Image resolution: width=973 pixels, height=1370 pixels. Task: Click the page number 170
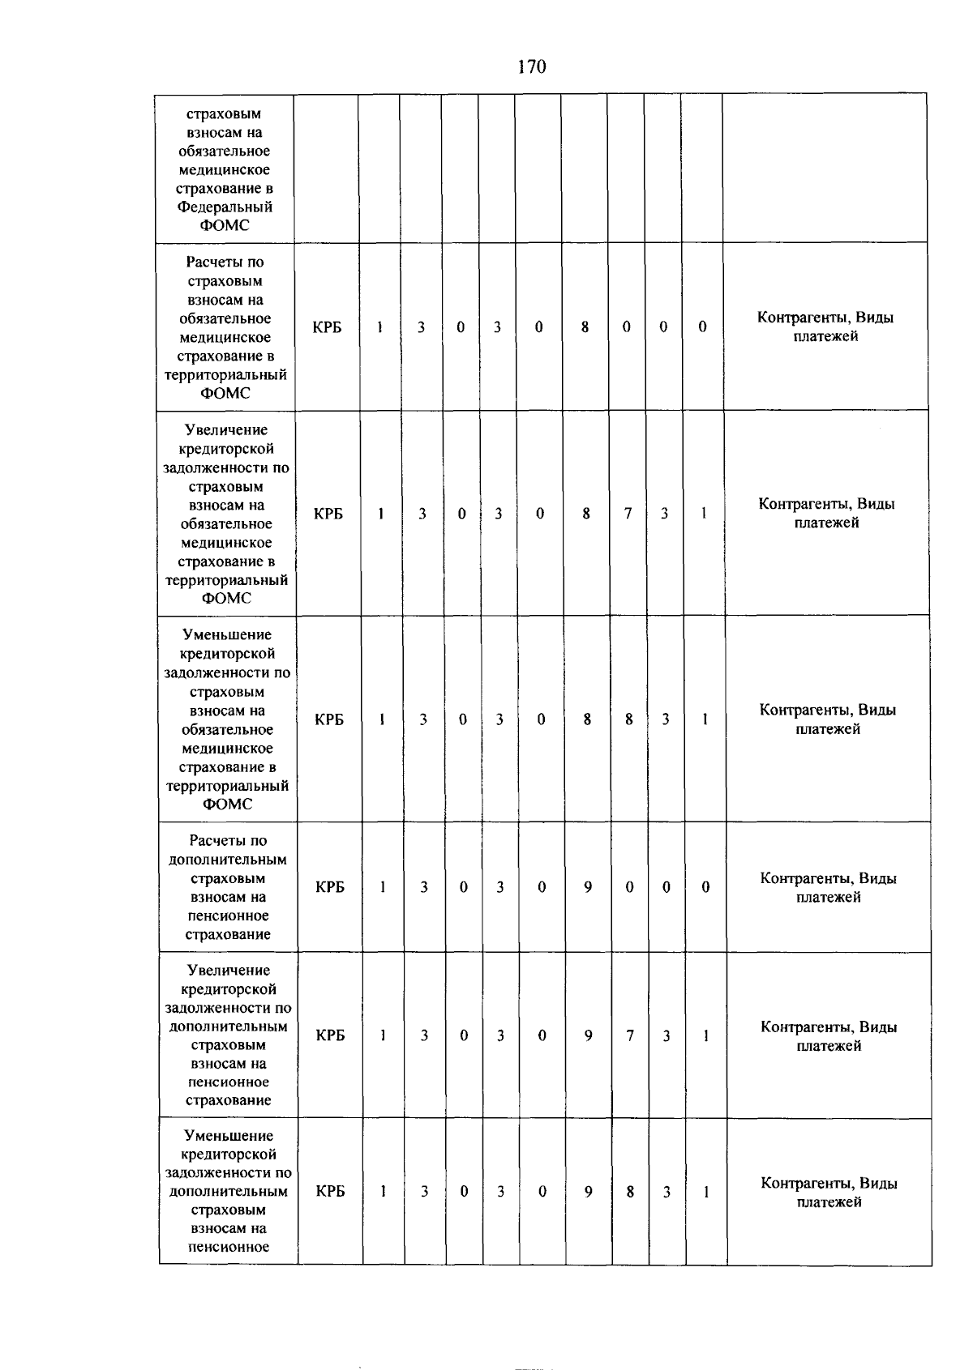pos(531,67)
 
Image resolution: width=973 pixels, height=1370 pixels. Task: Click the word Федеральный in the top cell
pos(225,207)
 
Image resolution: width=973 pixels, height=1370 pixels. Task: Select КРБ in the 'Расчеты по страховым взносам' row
pos(327,327)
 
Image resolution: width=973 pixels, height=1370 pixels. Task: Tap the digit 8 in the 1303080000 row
pos(585,327)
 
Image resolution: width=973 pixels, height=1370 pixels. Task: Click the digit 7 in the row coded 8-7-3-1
pos(628,514)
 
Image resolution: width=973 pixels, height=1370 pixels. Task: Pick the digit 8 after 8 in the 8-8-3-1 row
pos(628,719)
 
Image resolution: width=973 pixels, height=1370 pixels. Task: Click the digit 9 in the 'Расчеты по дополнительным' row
pos(587,887)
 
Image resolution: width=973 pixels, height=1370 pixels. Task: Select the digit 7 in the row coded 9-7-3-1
pos(629,1035)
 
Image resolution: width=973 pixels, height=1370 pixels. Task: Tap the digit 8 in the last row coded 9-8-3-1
pos(630,1192)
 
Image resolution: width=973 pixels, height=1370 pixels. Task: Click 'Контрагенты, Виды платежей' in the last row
pos(829,1193)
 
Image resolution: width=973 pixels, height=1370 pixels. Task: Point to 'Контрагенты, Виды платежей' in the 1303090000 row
pos(828,887)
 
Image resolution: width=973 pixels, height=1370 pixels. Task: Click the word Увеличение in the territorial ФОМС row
pos(226,430)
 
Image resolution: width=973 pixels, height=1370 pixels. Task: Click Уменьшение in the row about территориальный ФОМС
pos(227,635)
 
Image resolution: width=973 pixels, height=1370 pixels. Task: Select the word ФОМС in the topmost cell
pos(225,225)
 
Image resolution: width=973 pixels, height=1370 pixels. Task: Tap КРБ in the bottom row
pos(330,1192)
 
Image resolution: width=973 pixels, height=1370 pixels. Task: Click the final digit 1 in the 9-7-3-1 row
pos(706,1035)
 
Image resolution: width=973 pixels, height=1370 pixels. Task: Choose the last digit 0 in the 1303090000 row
pos(705,887)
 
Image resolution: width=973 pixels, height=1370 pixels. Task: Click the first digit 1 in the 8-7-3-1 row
pos(380,514)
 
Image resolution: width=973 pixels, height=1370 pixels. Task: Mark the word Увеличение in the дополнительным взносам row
pos(229,971)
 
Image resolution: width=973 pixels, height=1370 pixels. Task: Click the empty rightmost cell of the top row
pos(825,168)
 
